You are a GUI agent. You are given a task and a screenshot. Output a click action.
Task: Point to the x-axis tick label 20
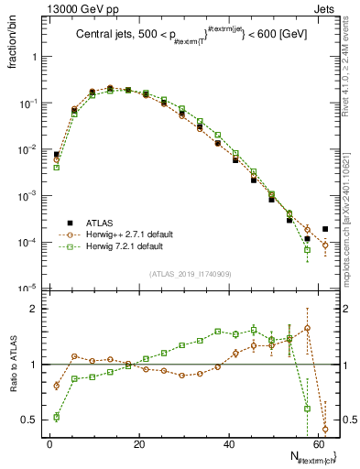point(138,444)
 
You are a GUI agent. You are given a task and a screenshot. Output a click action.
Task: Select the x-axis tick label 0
point(49,444)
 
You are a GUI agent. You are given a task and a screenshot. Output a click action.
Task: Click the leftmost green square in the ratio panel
point(57,417)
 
